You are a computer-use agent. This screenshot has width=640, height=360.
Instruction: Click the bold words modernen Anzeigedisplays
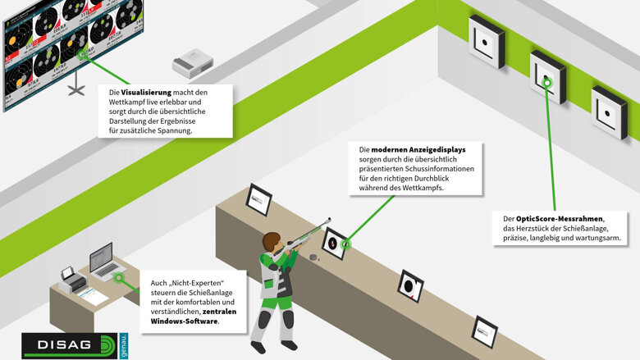coord(418,150)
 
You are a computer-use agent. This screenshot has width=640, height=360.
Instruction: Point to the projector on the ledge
coord(193,63)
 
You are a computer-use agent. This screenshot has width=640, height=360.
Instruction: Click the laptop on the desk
coord(103,259)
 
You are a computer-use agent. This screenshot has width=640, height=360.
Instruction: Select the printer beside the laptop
coord(73,279)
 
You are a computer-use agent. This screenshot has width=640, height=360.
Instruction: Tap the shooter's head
coord(272,242)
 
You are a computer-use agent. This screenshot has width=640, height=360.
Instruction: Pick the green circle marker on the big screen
coord(85,56)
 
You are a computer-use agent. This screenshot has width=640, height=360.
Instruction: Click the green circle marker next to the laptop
coord(121,277)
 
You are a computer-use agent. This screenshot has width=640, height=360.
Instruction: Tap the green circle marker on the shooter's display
coord(345,243)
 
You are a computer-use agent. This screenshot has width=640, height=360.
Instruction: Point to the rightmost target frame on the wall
coord(610,112)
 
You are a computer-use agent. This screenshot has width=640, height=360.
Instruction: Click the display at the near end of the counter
coord(484,330)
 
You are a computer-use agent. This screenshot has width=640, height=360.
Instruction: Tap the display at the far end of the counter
coord(258,198)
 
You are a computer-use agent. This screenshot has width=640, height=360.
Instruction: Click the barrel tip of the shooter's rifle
coord(330,219)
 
